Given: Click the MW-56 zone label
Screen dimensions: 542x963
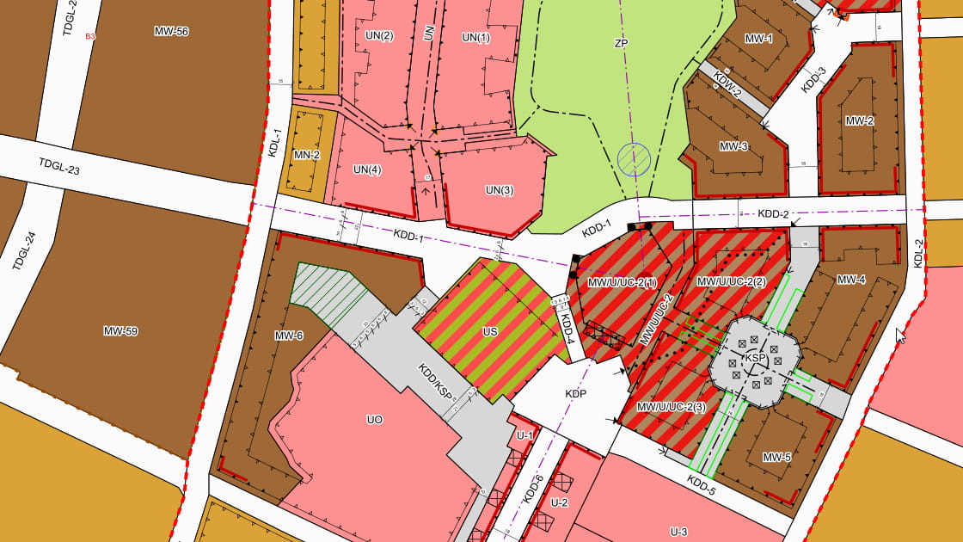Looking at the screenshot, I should click(171, 32).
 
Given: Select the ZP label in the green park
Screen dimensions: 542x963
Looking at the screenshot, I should click(622, 42).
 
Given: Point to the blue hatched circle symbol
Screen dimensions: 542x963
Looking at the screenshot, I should click(634, 159).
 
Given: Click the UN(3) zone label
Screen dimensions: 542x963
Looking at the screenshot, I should click(499, 190).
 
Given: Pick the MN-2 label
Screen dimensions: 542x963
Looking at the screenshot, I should click(306, 156).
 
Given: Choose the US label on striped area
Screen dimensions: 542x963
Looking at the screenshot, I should click(490, 331).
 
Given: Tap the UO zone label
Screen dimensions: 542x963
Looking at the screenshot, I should click(374, 420).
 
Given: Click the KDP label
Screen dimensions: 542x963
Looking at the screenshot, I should click(575, 394).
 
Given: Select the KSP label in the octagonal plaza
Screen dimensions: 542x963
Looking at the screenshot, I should click(756, 357).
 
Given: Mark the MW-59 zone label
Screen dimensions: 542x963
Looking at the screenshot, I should click(120, 331).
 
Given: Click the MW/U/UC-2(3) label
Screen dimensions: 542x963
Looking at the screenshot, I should click(671, 407).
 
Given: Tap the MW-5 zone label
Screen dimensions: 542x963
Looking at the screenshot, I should click(776, 456).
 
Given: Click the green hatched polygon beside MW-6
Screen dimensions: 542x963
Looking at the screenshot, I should click(328, 287).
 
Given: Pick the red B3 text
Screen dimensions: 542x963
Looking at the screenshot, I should click(89, 37).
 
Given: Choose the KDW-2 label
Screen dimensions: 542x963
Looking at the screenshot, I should click(727, 87).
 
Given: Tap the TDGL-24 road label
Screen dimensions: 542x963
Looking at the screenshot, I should click(26, 250).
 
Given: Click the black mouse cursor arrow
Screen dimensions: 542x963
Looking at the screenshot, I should click(900, 335).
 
